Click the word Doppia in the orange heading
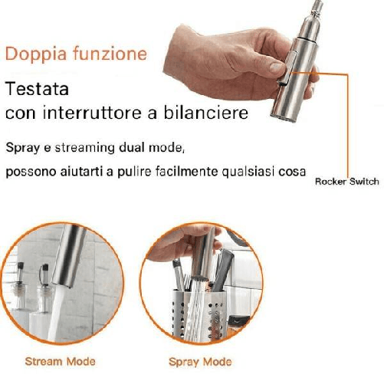point(36,54)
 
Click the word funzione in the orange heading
point(110,53)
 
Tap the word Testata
point(37,89)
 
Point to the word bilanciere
point(206,113)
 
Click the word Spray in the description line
point(22,148)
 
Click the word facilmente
point(187,171)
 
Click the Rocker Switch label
point(346,182)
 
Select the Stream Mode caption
point(61,361)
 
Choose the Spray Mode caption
point(200,362)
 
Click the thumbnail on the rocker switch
point(277,68)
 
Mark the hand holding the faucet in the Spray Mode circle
point(183,243)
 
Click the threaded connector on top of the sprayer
point(317,9)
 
